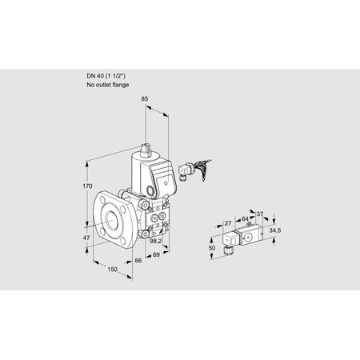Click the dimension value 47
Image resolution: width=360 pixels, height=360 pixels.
(x=88, y=239)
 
